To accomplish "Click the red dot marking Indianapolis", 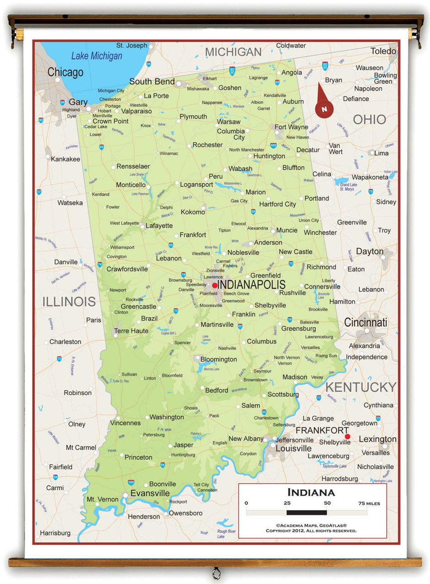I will tap(214, 285).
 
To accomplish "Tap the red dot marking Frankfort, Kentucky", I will tap(347, 436).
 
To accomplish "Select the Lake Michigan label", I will tap(96, 56).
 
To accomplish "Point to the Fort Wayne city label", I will tap(291, 127).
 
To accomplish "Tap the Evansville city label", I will tap(150, 493).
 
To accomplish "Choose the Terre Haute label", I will tap(131, 331).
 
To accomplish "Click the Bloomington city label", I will tap(218, 359).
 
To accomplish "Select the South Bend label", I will tap(152, 81).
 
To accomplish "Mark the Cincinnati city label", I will tap(365, 322).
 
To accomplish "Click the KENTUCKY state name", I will tap(361, 387).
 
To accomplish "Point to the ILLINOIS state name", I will tap(69, 302).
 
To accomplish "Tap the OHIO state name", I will tap(369, 120).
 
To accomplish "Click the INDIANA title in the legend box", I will tap(311, 493).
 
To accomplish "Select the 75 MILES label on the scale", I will tap(369, 503).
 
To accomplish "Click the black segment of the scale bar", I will tap(306, 513).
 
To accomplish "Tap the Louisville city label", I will tap(293, 449).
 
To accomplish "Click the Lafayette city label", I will tap(159, 225).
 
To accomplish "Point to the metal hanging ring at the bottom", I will tap(216, 573).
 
